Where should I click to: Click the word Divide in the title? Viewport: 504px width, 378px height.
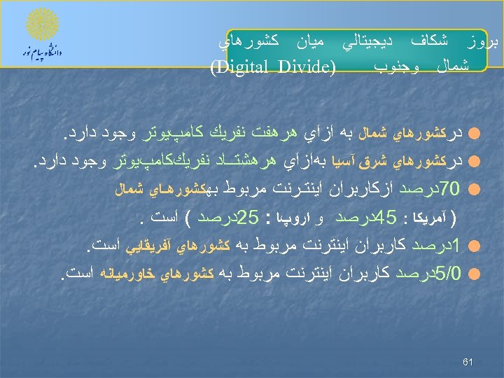pyautogui.click(x=302, y=68)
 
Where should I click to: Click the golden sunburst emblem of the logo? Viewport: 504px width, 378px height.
pyautogui.click(x=41, y=26)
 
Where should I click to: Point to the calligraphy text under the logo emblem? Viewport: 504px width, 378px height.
pyautogui.click(x=41, y=52)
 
